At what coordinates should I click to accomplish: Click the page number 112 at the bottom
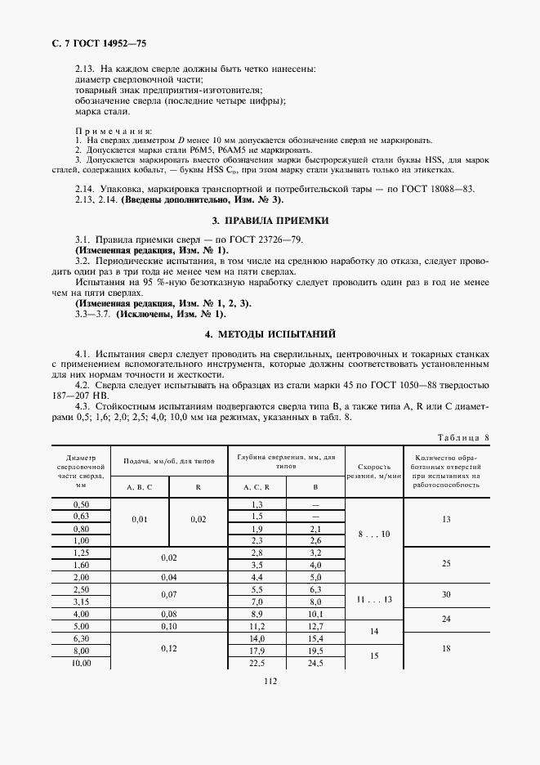(270, 682)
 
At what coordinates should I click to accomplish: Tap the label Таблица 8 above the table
(462, 437)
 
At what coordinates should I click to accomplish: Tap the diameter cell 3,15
(82, 601)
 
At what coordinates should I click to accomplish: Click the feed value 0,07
(169, 594)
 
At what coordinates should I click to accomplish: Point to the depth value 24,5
(315, 664)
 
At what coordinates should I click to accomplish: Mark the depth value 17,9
(257, 651)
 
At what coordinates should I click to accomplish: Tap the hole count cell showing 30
(445, 594)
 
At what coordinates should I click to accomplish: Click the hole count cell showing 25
(445, 563)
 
